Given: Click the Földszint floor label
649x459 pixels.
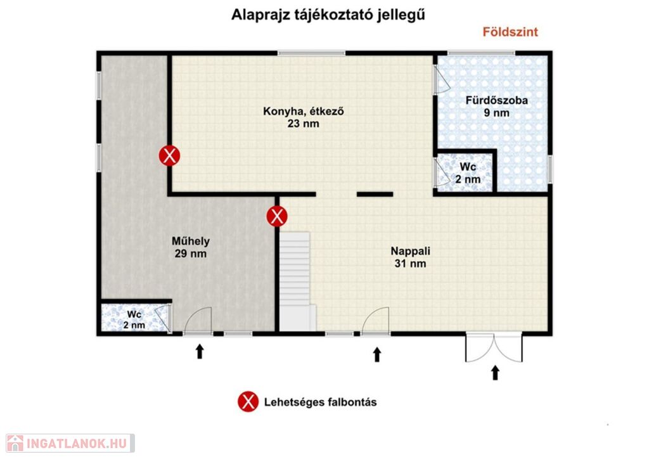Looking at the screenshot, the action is tap(510, 32).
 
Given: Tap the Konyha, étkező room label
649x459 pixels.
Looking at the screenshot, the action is tap(304, 112).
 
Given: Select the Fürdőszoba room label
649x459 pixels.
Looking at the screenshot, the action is tap(496, 100).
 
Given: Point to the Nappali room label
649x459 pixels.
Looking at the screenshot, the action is tap(410, 251).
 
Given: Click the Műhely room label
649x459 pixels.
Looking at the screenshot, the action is tap(190, 241).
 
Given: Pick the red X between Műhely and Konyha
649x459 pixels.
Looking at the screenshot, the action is tap(169, 155).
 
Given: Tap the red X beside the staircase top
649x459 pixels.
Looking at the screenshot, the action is tap(277, 216).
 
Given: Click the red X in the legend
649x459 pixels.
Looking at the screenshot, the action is tap(248, 401).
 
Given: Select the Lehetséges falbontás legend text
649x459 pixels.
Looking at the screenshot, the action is tap(320, 403).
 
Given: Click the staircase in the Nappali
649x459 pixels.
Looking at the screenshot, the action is tap(295, 281).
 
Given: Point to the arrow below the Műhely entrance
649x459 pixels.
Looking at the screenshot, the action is tap(200, 351).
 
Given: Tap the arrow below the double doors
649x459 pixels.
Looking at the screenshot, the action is tap(495, 373).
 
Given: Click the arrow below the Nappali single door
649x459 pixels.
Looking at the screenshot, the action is tap(376, 354).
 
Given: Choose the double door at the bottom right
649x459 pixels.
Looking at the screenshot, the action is tap(494, 347).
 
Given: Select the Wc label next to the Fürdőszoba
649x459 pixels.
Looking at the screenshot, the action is tap(468, 167).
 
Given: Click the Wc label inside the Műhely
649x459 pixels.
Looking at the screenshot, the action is tap(134, 314).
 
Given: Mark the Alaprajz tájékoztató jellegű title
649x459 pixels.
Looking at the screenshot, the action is tap(328, 15).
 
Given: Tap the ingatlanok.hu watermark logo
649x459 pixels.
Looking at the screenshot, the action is tap(70, 443).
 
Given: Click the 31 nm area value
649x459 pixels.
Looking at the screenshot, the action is tap(410, 264).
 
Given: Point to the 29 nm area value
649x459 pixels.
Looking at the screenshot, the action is tap(190, 254).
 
